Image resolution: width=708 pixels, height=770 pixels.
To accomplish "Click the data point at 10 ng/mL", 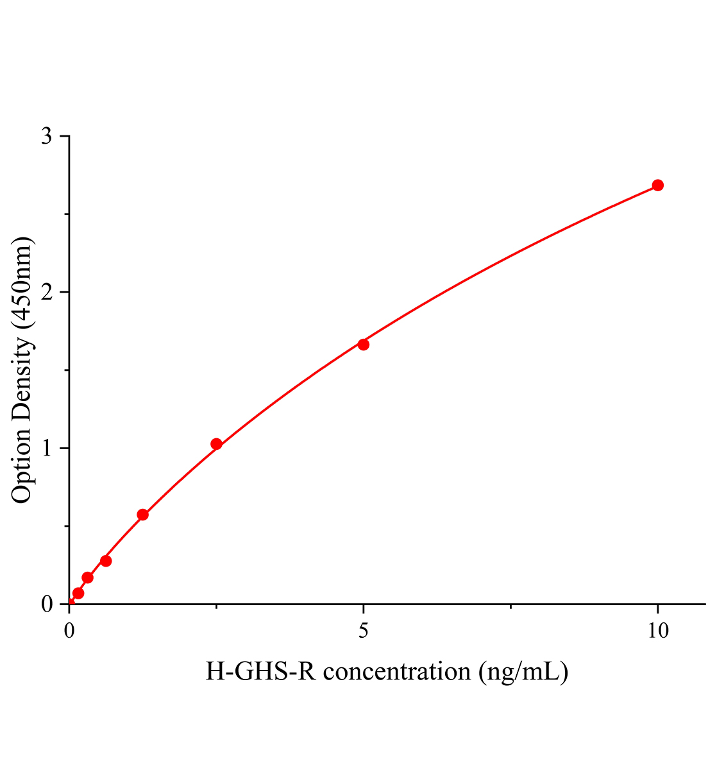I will click(657, 185).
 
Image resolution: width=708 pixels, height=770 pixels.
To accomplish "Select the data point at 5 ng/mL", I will click(363, 345).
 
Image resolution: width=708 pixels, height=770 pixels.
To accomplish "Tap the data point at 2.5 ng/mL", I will click(216, 444).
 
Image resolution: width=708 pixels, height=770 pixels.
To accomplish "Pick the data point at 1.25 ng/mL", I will click(143, 515).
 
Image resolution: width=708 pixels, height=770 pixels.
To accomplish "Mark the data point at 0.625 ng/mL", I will click(106, 561).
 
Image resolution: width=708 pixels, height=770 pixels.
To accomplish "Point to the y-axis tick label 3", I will click(47, 137).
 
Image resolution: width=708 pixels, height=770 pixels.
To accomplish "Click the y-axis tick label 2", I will click(47, 293).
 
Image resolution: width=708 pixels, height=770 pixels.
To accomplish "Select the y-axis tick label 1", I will click(47, 448).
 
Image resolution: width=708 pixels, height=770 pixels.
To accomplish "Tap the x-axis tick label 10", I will click(657, 631).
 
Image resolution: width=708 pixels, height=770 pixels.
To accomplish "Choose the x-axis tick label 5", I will click(364, 631).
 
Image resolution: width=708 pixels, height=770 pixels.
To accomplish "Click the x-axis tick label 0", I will click(69, 631).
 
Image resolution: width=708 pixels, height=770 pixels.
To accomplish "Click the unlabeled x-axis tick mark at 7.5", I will click(510, 606).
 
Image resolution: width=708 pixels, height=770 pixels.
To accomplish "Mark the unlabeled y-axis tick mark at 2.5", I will click(65, 214).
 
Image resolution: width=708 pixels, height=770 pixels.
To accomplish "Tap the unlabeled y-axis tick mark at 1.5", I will click(65, 370).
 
